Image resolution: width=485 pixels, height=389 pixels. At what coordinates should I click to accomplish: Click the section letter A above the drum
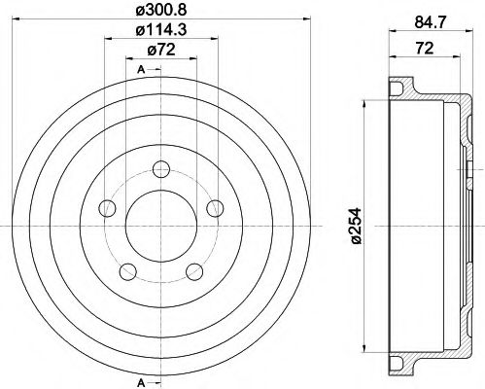coord(142,69)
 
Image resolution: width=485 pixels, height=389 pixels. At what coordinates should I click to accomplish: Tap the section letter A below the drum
coord(142,378)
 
